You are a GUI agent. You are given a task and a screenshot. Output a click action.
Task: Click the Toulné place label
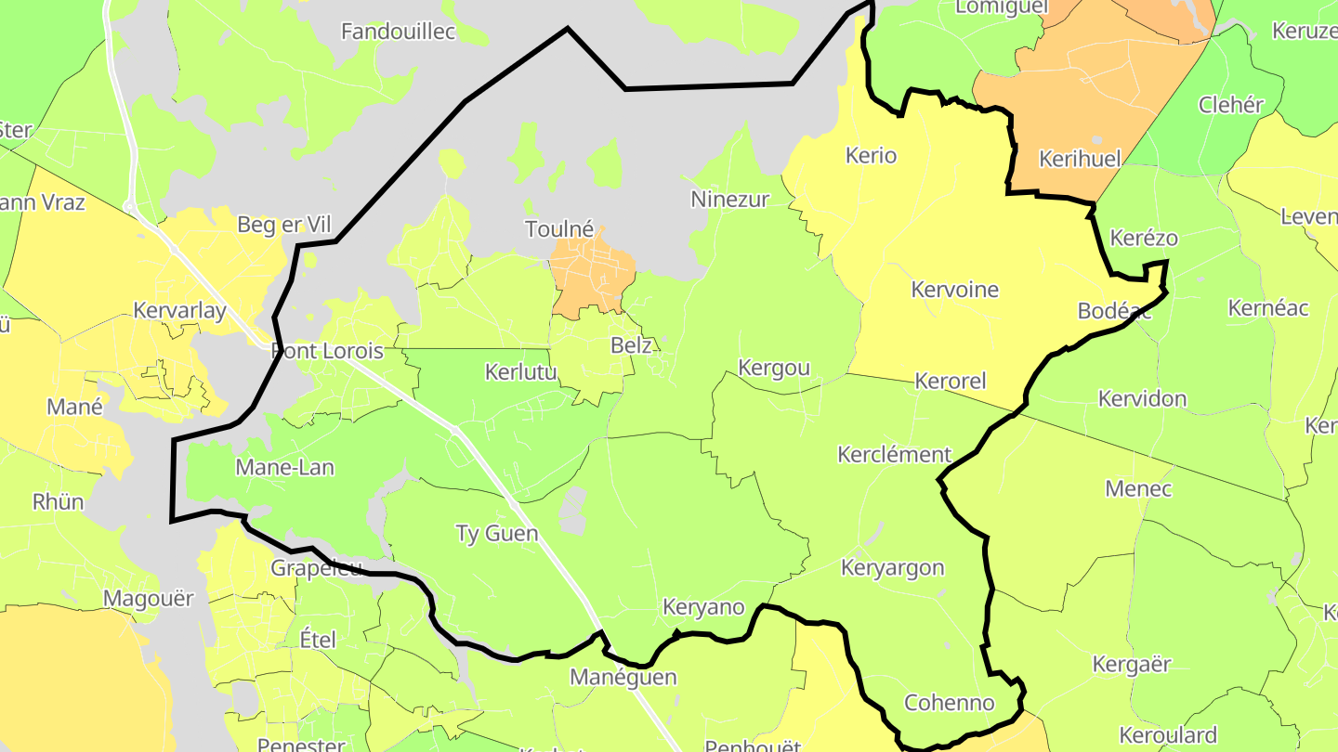click(x=559, y=228)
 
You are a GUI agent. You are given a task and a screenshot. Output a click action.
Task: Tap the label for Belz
click(x=631, y=345)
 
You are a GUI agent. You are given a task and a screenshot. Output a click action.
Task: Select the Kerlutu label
click(x=521, y=372)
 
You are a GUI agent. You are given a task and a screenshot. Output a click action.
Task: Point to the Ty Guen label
click(x=496, y=533)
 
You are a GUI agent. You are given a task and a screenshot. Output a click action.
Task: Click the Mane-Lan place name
click(x=284, y=467)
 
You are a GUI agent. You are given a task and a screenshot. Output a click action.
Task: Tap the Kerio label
click(x=872, y=155)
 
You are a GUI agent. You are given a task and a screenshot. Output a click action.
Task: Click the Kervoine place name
click(x=954, y=290)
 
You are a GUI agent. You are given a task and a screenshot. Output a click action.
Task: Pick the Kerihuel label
click(x=1080, y=158)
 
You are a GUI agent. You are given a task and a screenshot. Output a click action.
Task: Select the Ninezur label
click(x=729, y=199)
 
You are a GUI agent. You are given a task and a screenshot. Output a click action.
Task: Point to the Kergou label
click(x=773, y=368)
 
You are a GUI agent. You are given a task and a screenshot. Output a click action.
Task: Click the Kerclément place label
click(x=894, y=455)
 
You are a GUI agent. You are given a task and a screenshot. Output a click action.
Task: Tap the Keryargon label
click(x=892, y=567)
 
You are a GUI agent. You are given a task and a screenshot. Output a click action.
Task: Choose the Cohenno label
click(x=949, y=702)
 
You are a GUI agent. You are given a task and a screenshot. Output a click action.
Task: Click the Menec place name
click(x=1138, y=488)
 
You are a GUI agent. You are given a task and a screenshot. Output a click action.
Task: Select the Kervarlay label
click(x=179, y=310)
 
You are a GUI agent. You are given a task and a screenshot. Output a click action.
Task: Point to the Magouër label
click(x=149, y=599)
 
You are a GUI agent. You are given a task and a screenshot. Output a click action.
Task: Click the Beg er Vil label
click(x=283, y=225)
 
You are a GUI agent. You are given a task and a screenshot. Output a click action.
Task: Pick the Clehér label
click(x=1230, y=105)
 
